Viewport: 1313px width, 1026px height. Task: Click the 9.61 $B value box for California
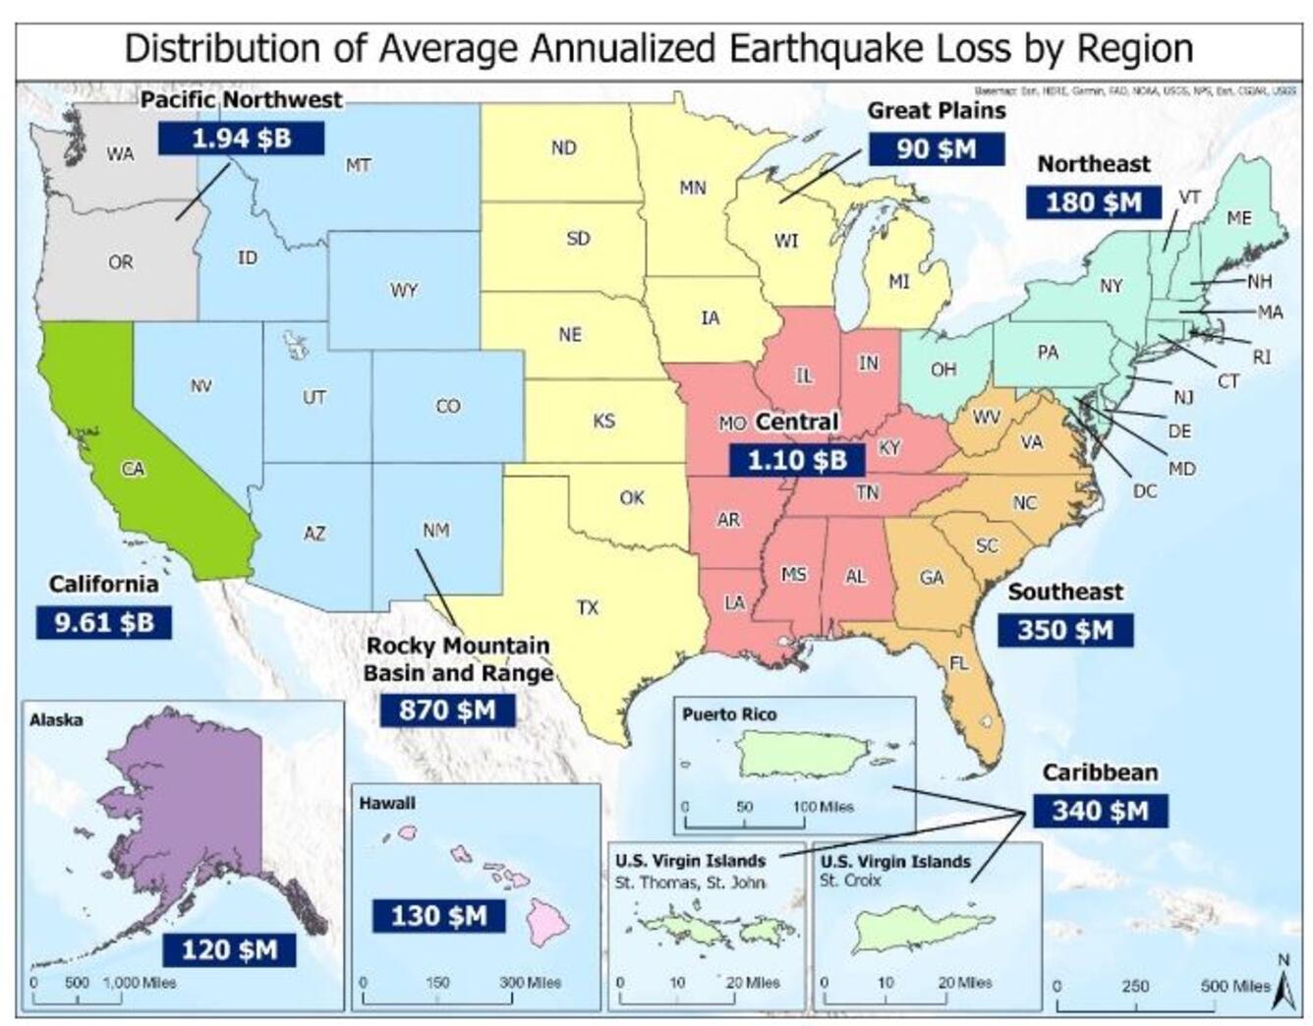(x=103, y=622)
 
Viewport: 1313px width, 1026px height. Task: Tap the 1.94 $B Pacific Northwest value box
(x=242, y=138)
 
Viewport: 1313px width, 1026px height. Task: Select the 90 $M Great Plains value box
(x=936, y=148)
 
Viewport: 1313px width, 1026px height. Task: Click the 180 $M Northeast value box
(x=1093, y=202)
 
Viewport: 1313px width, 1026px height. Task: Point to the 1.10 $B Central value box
(x=796, y=459)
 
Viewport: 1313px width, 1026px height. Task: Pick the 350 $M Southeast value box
(x=1064, y=629)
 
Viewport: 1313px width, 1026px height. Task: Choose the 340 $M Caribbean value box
(x=1100, y=810)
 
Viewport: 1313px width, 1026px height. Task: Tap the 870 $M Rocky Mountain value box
(x=447, y=709)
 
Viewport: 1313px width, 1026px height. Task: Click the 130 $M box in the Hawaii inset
(x=438, y=915)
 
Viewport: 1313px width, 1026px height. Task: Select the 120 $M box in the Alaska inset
(x=229, y=949)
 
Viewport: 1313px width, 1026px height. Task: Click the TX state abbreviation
(x=588, y=607)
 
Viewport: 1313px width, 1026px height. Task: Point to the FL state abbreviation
(x=958, y=663)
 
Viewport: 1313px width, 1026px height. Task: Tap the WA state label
(x=120, y=154)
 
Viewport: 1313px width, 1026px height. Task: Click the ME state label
(x=1239, y=217)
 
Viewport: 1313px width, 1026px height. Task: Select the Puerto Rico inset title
(x=728, y=714)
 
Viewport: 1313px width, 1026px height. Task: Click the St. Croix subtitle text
(x=849, y=881)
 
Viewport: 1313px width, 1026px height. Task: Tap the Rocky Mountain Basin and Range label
(x=458, y=659)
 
